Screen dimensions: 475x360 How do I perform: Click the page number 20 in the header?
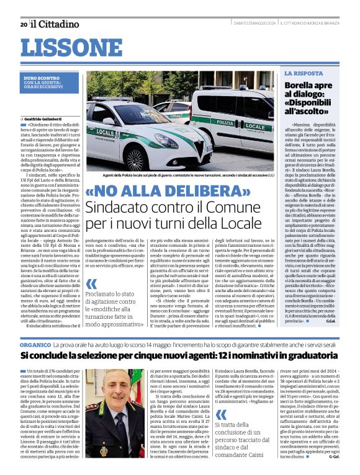pyautogui.click(x=23, y=24)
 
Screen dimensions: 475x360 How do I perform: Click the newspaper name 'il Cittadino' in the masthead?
pyautogui.click(x=55, y=24)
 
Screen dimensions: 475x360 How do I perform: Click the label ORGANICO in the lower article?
pyautogui.click(x=39, y=343)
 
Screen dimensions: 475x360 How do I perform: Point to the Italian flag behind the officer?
pyautogui.click(x=90, y=397)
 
